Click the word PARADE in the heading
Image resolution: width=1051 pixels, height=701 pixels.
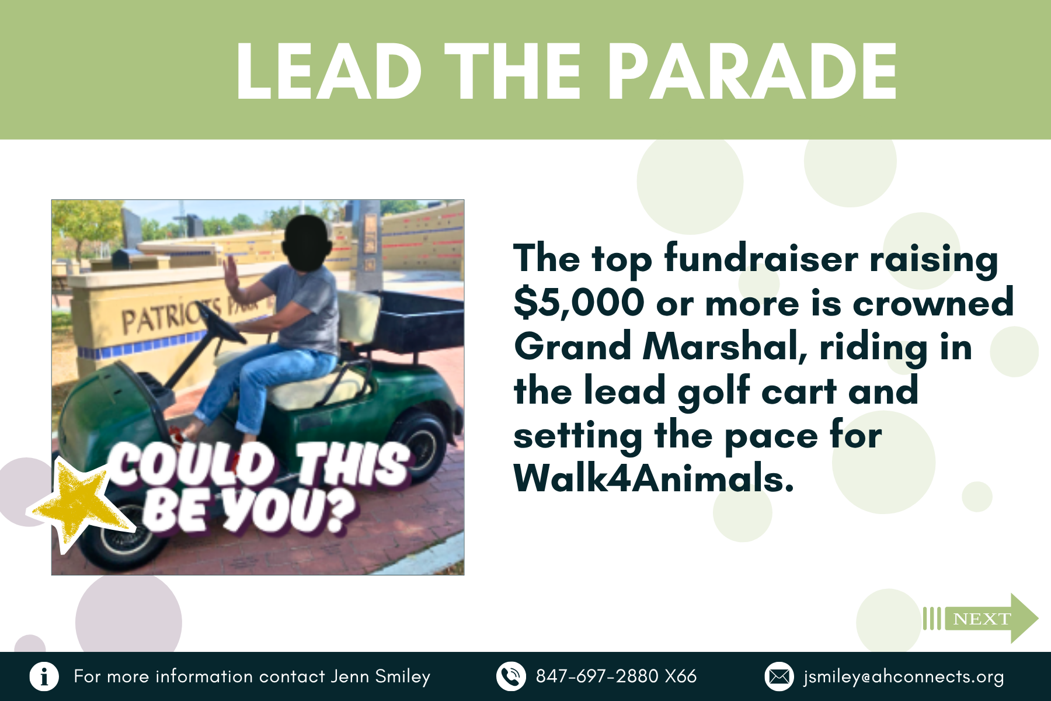[753, 72]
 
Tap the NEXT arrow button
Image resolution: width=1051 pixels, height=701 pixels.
[980, 618]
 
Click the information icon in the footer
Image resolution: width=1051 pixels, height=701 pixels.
[44, 676]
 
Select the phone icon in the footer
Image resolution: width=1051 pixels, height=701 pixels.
[511, 676]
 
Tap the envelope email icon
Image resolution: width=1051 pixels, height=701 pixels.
[779, 676]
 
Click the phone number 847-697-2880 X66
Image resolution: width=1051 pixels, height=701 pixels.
[616, 676]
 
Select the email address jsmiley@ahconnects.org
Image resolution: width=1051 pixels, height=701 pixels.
[903, 676]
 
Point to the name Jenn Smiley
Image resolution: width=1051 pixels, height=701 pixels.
[380, 676]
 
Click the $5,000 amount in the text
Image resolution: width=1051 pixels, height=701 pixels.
[579, 303]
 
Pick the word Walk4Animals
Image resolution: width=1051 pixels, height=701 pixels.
[653, 478]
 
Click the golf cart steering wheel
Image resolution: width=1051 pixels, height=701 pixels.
[222, 322]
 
